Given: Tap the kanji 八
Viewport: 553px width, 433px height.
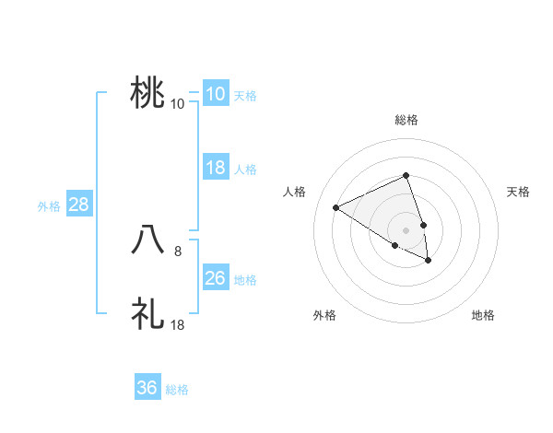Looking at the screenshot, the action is point(148,240).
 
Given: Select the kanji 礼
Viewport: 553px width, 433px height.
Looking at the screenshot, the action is point(148,313).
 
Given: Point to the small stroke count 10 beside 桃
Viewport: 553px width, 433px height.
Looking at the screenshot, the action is point(178,103).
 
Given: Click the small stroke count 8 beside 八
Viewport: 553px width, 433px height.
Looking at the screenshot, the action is point(178,250).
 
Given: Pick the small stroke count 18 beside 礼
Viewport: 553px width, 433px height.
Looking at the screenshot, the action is point(178,324).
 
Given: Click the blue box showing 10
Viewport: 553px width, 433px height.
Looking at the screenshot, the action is point(215,94).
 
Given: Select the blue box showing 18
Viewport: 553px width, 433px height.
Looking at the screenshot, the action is point(215,168).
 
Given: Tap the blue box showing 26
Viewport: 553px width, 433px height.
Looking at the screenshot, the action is point(215,278).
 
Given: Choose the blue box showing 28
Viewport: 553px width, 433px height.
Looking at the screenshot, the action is point(78,205).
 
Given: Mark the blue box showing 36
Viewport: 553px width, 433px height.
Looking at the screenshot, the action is point(147,388).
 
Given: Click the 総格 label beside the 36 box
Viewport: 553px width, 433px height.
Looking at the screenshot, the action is point(177,390).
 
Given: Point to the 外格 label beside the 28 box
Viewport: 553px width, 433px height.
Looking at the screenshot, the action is point(49,206).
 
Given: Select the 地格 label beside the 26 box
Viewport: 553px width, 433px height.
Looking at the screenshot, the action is point(245,280).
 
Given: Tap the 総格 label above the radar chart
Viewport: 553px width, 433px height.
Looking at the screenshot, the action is point(406,120).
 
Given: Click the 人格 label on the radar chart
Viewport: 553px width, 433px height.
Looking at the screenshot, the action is point(295,192).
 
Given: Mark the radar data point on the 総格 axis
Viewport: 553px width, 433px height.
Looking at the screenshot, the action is point(406,175).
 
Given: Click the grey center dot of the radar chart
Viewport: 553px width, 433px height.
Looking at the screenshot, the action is point(406,230).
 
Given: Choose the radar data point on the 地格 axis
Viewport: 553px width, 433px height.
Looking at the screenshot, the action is point(429,261).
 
